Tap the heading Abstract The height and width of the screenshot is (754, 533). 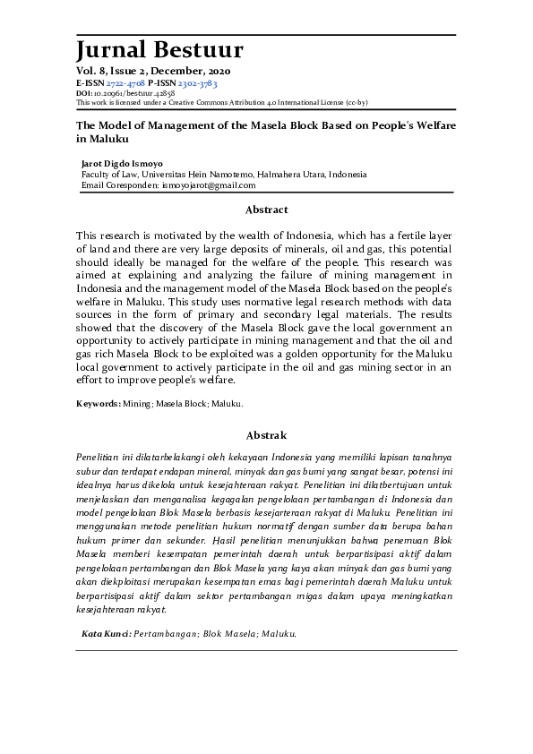coord(266,210)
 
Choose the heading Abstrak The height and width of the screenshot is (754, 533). coord(266,435)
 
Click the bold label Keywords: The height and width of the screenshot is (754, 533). coord(99,405)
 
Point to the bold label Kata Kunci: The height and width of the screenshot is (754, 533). coord(107,634)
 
